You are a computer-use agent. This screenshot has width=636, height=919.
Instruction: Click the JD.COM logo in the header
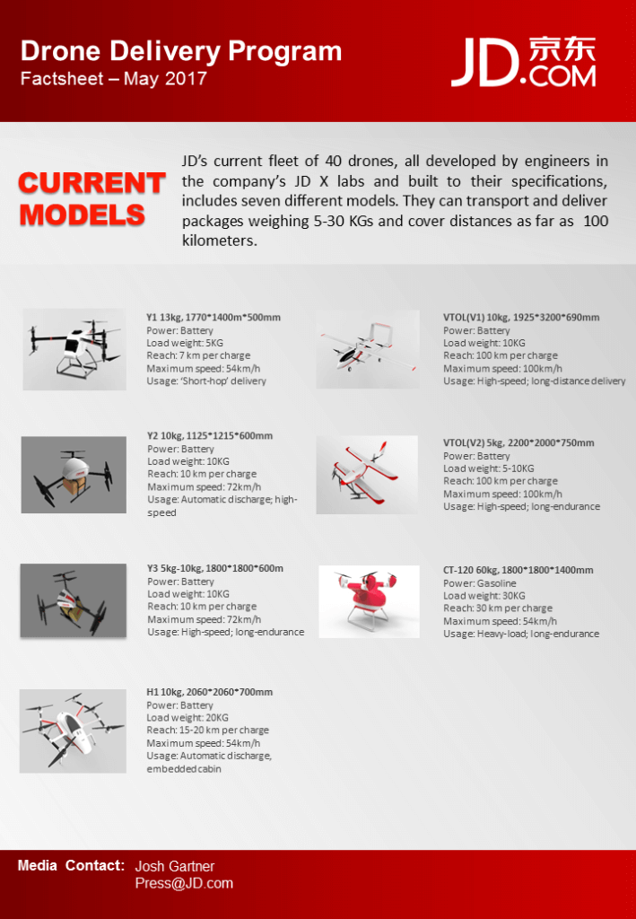[524, 63]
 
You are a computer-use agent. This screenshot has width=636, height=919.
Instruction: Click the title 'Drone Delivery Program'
[180, 51]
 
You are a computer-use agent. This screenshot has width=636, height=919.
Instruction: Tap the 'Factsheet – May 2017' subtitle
[114, 78]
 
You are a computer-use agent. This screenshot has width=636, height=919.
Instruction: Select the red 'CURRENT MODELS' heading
[91, 199]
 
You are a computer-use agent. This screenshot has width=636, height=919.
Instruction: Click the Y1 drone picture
[74, 348]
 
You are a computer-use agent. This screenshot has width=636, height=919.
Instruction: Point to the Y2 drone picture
[74, 475]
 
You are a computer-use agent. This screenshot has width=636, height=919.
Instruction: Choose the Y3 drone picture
[74, 600]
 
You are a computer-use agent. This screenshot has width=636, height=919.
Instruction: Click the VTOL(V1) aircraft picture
[368, 349]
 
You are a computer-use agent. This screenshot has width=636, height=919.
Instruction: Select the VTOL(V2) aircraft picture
[367, 475]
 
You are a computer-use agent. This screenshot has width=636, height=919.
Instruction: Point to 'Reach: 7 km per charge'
[198, 355]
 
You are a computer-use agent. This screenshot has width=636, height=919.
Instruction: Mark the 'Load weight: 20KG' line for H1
[187, 718]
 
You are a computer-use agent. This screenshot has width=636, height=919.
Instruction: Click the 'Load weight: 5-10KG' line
[488, 468]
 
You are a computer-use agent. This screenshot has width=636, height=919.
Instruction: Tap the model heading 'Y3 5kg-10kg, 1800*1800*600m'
[214, 568]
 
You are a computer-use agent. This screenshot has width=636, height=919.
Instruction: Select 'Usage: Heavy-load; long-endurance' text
[521, 634]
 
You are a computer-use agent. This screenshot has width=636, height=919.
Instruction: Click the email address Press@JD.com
[184, 883]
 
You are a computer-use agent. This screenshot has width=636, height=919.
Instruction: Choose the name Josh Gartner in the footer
[175, 867]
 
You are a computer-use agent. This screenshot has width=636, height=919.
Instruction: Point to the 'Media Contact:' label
[71, 866]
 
